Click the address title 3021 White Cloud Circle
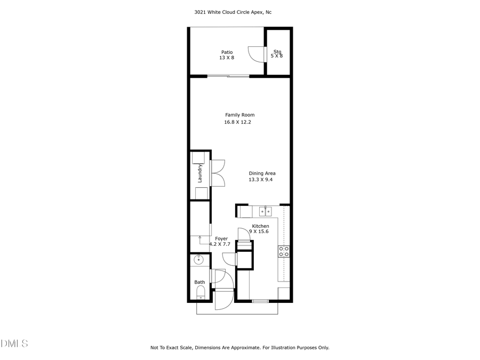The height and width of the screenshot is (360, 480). coord(239,12)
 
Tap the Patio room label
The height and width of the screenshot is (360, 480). coord(227,52)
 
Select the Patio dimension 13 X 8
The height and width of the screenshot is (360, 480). coord(227,58)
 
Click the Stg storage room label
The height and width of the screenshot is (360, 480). coord(277,52)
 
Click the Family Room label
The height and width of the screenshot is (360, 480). coord(239,115)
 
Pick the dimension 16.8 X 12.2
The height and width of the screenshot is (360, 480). coord(237,122)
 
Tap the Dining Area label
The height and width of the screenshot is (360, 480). coord(262,173)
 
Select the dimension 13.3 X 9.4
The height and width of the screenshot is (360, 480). coord(261,180)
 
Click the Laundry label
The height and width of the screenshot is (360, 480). coord(200,173)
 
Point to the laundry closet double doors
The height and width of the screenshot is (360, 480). coord(218,173)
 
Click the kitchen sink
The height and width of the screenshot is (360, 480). coord(266,212)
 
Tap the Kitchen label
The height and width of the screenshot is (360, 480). coord(260,226)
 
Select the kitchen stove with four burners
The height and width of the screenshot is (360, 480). coord(283,251)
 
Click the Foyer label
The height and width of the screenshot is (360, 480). coord(221,238)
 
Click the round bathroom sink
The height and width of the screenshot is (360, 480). coord(198,260)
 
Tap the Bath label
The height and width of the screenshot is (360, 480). coord(199,282)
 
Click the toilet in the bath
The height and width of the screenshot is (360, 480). coord(201,292)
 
